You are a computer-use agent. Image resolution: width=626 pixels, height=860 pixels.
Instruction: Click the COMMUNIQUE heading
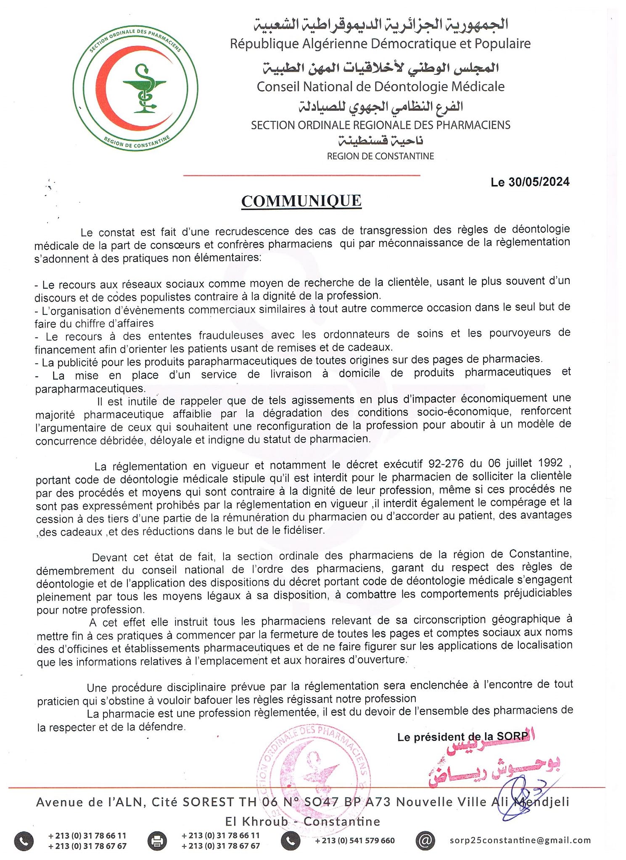[301, 201]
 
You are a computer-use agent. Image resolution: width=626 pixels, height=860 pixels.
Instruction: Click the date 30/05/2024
[539, 182]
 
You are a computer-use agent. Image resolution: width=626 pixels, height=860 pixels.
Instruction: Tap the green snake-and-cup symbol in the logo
[144, 89]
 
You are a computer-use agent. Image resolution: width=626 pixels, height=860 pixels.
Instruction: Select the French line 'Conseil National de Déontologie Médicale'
[380, 87]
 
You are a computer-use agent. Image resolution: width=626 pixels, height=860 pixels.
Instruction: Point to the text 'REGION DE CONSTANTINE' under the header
[380, 156]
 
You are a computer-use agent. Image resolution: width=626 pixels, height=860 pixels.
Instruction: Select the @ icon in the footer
[425, 840]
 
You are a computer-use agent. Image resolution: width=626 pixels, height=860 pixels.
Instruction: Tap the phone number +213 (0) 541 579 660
[355, 840]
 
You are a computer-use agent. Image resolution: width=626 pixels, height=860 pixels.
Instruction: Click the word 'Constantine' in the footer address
[341, 821]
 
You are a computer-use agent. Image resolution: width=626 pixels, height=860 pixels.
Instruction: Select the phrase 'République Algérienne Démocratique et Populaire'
[380, 44]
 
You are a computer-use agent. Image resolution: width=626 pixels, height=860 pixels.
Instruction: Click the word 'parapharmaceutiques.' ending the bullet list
[90, 388]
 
